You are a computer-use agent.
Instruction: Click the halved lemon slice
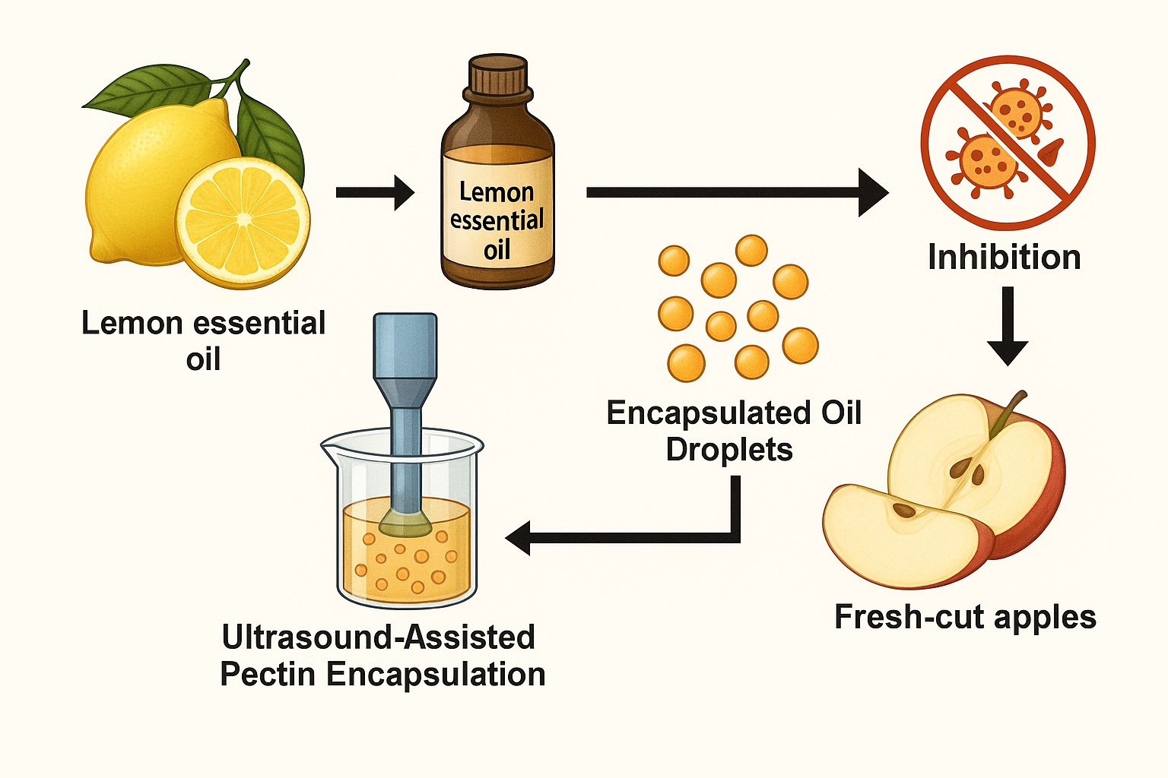[x=243, y=220]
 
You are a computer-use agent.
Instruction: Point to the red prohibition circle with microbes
[x=1008, y=142]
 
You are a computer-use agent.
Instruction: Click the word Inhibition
[x=1004, y=258]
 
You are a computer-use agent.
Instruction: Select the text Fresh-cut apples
[x=965, y=617]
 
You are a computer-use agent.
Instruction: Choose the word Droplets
[x=729, y=450]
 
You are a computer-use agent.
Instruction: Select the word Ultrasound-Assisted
[x=379, y=637]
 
